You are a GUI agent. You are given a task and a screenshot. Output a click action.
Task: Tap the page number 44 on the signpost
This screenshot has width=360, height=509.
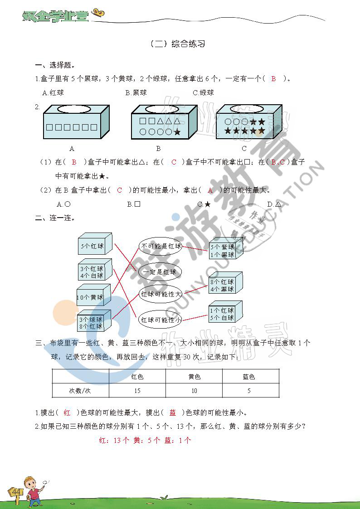(17, 492)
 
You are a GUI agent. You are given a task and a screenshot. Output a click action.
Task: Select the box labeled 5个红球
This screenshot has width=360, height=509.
(94, 246)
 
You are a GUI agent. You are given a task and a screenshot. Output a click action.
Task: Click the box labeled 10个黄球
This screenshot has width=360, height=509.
(92, 296)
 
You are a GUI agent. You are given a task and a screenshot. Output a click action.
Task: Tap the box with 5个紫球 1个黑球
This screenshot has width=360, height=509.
(224, 250)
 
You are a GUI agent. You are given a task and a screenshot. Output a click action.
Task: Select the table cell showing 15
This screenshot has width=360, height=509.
(137, 391)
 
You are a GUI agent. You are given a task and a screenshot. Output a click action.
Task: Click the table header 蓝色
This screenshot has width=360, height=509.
(249, 377)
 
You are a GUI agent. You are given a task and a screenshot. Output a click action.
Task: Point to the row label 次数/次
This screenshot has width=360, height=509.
(80, 391)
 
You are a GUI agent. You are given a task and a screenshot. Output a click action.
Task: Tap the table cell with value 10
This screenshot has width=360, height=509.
(194, 391)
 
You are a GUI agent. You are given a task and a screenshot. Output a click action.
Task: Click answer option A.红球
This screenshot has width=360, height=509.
(53, 92)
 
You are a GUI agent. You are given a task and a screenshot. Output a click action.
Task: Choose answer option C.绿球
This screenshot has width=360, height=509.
(203, 92)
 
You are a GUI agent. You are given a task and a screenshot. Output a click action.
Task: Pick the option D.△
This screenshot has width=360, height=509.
(274, 204)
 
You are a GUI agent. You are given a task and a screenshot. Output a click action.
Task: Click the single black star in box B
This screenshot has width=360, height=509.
(177, 132)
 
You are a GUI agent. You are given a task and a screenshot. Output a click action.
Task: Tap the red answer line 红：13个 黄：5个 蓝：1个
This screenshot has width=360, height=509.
(145, 440)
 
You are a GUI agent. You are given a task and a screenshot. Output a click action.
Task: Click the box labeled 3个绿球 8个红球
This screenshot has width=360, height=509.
(93, 322)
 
